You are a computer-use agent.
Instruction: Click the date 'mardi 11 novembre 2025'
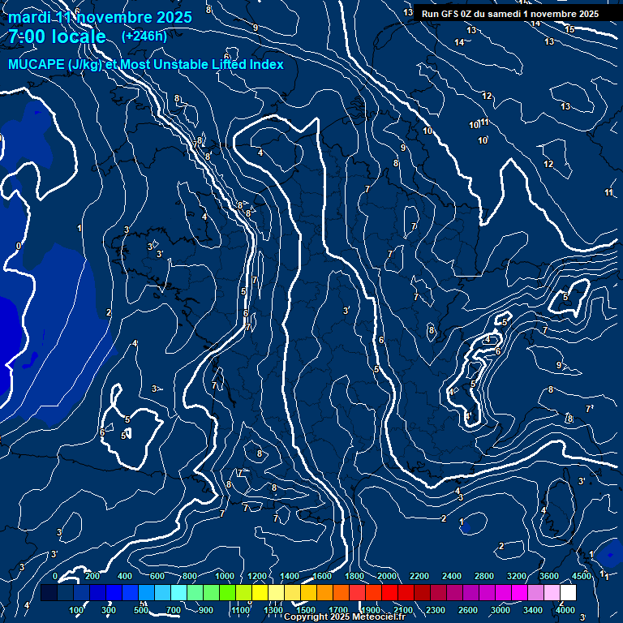pos(101,18)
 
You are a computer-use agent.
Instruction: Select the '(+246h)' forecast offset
pos(144,36)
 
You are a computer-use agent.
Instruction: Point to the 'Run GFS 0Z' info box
pos(510,14)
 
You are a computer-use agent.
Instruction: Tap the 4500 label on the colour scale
pos(581,576)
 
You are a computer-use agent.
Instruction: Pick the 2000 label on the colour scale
pos(387,576)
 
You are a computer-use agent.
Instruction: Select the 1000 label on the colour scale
pos(225,576)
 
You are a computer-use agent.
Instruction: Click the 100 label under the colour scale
pos(77,610)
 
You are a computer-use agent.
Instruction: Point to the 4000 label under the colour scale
pos(565,610)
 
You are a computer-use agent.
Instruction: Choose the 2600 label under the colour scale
pos(468,610)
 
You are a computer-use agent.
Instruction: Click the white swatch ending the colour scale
pos(568,593)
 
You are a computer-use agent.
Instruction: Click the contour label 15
pos(569,29)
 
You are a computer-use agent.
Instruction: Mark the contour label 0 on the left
pos(19,246)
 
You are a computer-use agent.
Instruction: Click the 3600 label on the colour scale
pos(549,576)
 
